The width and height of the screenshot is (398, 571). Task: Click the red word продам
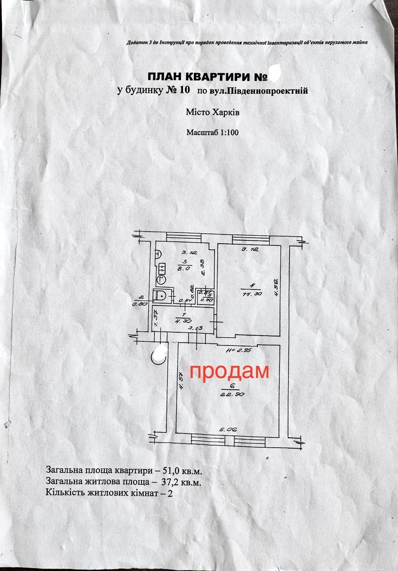coord(229,372)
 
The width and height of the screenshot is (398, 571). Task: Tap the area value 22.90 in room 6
coord(230,394)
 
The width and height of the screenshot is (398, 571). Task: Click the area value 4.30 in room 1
coord(183,320)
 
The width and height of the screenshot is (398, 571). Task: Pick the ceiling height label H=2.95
coord(239,350)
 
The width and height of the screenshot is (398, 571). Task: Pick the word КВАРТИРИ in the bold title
coord(210,77)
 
